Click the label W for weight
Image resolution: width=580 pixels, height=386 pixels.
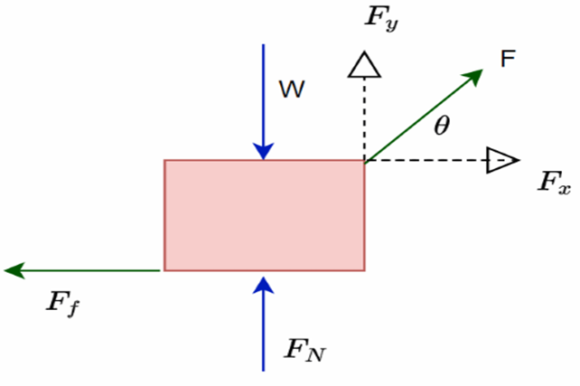tap(290, 89)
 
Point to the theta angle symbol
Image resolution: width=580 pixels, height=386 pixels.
tap(441, 126)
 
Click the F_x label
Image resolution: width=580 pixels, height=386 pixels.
tap(553, 183)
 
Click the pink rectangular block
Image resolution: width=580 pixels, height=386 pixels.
tap(264, 215)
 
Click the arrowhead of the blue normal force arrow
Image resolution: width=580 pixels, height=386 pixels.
tap(263, 284)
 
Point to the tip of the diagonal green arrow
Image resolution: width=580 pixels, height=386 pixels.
tap(480, 74)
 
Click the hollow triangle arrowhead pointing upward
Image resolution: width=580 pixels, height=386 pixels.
tap(364, 65)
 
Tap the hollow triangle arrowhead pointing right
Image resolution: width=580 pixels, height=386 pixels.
tap(502, 160)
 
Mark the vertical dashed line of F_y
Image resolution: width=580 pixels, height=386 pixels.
tap(364, 118)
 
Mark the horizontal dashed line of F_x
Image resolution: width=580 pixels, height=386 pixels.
tap(425, 161)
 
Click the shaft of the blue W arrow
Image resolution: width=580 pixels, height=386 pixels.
tap(263, 90)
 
